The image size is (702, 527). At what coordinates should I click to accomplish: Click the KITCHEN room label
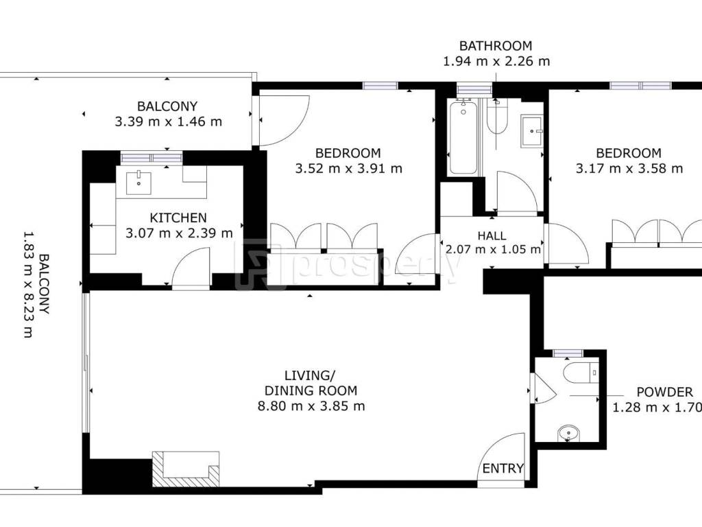click(x=178, y=218)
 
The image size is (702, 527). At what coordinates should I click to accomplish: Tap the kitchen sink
click(x=138, y=183)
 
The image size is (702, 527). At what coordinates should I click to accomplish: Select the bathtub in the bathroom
click(x=463, y=137)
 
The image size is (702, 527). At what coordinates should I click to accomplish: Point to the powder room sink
click(x=568, y=434)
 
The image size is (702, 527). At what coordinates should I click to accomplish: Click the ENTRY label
click(x=503, y=468)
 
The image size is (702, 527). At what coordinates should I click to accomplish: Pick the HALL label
click(x=492, y=236)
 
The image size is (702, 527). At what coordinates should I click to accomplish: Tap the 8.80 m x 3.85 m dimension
click(x=311, y=406)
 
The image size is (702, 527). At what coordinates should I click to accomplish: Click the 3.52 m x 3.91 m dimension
click(x=349, y=169)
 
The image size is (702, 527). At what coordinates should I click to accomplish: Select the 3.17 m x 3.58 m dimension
click(x=629, y=169)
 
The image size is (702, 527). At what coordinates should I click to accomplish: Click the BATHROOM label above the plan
click(x=496, y=46)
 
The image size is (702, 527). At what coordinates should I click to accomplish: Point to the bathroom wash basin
click(x=531, y=131)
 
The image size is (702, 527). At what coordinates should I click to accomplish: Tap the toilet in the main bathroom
click(x=496, y=117)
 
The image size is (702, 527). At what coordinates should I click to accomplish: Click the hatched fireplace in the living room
click(x=186, y=469)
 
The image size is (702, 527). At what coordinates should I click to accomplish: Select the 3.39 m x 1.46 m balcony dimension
click(x=169, y=121)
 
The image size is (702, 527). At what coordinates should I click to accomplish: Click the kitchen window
click(x=152, y=158)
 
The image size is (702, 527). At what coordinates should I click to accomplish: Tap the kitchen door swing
click(x=191, y=269)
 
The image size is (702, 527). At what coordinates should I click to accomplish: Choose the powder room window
click(x=568, y=353)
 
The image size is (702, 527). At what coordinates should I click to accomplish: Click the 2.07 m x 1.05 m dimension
click(x=493, y=249)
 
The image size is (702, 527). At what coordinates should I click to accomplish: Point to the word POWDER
click(x=664, y=392)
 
